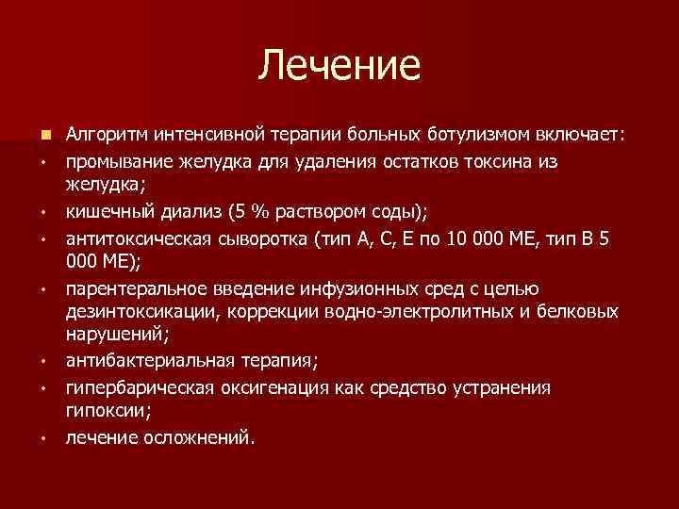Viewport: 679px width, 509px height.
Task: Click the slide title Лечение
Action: [339, 67]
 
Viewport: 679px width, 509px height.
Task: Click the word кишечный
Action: [106, 210]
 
